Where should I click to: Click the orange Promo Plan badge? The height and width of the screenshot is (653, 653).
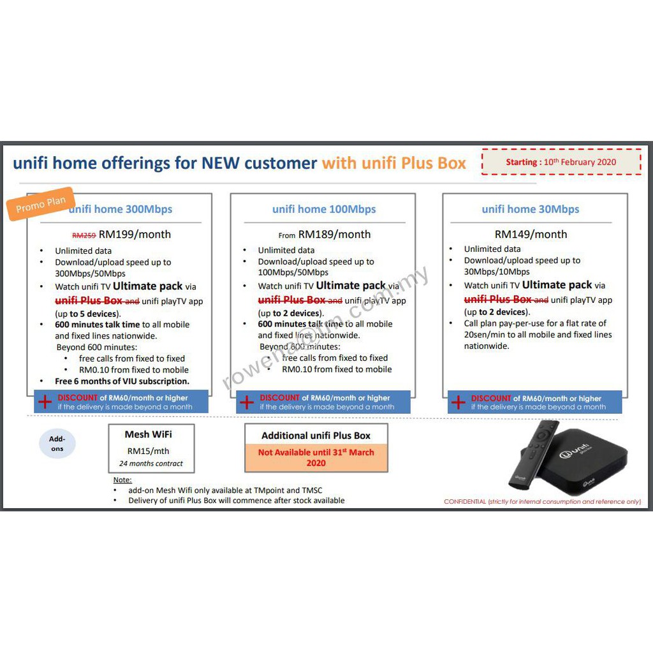pyautogui.click(x=40, y=204)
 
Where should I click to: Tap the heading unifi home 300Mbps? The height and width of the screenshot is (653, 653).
pyautogui.click(x=121, y=209)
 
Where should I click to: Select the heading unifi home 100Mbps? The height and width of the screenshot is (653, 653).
pyautogui.click(x=324, y=209)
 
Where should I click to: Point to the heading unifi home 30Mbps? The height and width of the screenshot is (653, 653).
pyautogui.click(x=530, y=209)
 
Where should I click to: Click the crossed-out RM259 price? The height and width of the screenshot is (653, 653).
pyautogui.click(x=84, y=236)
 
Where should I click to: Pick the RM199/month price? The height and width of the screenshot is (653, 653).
pyautogui.click(x=135, y=235)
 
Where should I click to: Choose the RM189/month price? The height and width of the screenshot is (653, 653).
pyautogui.click(x=334, y=235)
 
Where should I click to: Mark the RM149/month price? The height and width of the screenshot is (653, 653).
pyautogui.click(x=531, y=235)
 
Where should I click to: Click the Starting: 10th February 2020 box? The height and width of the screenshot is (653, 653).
pyautogui.click(x=561, y=161)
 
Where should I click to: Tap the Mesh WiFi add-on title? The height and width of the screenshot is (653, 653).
pyautogui.click(x=148, y=434)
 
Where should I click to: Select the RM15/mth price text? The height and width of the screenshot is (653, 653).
pyautogui.click(x=148, y=451)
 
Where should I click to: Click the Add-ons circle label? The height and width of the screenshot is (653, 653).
pyautogui.click(x=57, y=444)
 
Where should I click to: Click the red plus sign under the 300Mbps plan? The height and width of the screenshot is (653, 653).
pyautogui.click(x=45, y=402)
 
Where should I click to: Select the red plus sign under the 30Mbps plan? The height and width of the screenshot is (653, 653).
pyautogui.click(x=458, y=402)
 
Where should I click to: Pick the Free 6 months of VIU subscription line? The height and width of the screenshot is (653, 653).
pyautogui.click(x=122, y=381)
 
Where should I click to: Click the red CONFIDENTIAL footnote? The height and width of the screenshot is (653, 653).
pyautogui.click(x=542, y=501)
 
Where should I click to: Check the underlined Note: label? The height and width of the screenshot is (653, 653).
pyautogui.click(x=122, y=480)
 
